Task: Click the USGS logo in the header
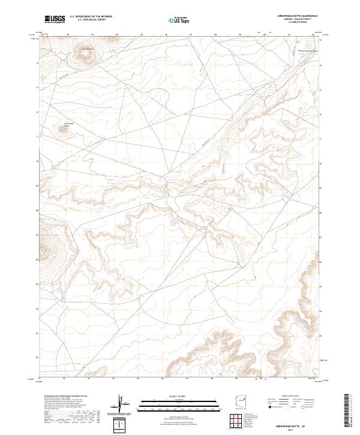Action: click(55, 20)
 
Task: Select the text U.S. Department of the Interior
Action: click(91, 16)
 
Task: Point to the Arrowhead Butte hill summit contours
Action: click(62, 127)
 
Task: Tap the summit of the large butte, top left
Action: click(83, 56)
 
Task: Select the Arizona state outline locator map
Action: click(241, 401)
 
